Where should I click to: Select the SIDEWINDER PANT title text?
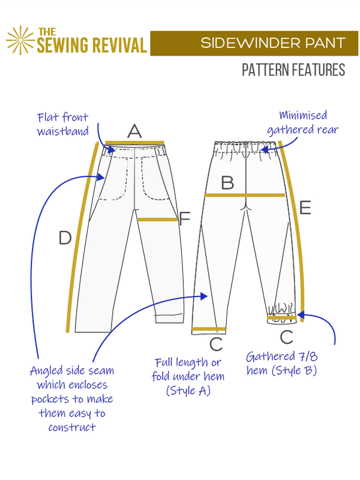273,43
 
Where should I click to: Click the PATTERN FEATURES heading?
293,70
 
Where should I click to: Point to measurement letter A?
134,131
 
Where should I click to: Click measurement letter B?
227,183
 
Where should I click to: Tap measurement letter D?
65,238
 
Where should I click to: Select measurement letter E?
305,208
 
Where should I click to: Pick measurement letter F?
184,219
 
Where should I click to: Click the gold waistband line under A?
134,143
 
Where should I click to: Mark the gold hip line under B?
244,195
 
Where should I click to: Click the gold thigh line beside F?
157,220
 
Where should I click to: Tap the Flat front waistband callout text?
62,124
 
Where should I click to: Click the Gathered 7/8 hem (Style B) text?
281,363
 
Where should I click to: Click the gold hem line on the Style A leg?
209,329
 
